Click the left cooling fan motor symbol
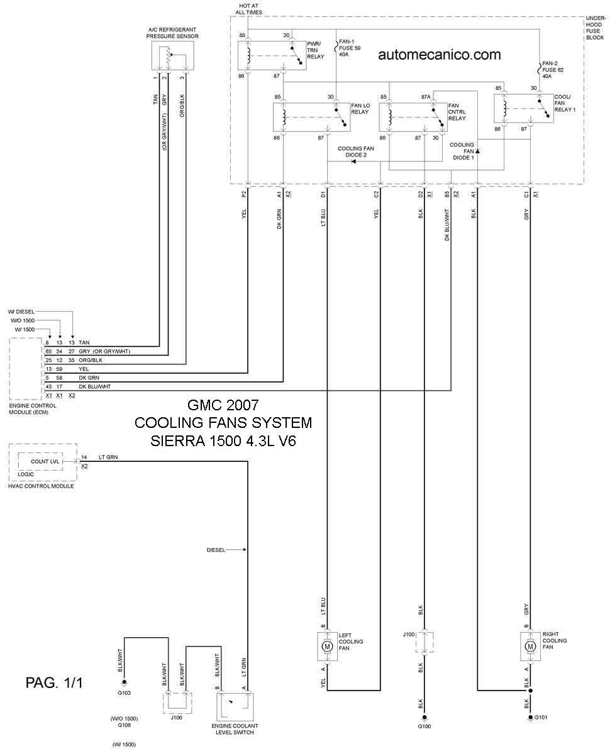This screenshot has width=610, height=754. (327, 647)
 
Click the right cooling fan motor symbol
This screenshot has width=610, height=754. (530, 647)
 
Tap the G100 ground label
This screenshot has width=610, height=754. (424, 726)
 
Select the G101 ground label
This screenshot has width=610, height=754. (541, 717)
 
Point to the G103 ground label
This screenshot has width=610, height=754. (124, 692)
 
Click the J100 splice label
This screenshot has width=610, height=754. (408, 634)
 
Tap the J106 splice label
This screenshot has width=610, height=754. (176, 717)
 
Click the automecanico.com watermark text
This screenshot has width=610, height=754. (439, 55)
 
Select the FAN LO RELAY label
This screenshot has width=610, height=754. (360, 109)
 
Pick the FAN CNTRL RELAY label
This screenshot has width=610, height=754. (457, 112)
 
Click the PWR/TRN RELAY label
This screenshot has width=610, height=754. (315, 50)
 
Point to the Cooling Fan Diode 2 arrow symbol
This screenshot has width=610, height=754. (353, 161)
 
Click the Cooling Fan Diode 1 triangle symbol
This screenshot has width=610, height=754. (477, 151)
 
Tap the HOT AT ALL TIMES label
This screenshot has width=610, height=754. (248, 9)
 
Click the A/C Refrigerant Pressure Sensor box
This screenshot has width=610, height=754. (172, 55)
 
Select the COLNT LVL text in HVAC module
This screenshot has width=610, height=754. (45, 461)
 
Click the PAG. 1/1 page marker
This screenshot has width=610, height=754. (54, 682)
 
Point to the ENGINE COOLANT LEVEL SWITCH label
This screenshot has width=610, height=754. (235, 729)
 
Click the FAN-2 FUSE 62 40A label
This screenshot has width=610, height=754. (553, 70)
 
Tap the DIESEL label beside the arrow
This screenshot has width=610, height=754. (216, 550)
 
